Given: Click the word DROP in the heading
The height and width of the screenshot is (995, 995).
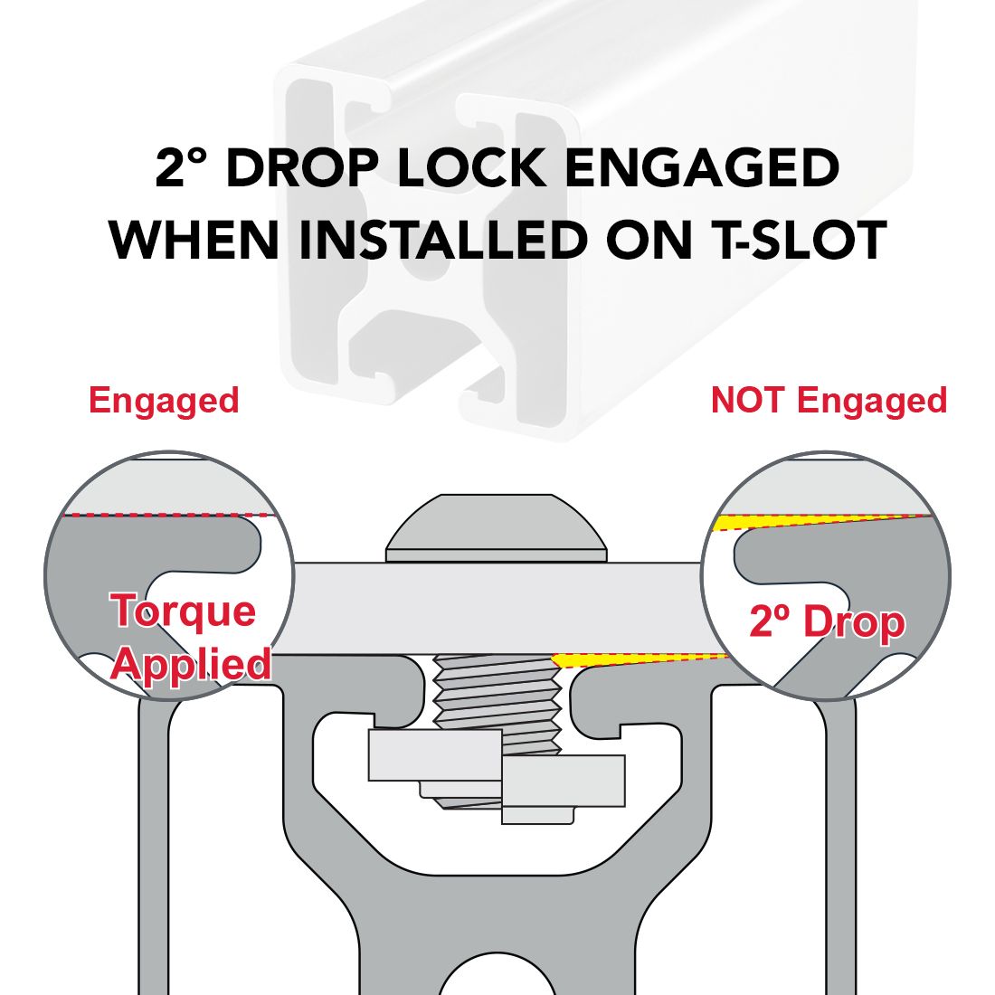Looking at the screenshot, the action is point(303,167).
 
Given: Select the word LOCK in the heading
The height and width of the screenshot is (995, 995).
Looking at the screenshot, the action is point(471,167).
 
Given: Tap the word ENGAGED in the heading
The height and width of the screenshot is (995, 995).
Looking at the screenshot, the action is point(701,167).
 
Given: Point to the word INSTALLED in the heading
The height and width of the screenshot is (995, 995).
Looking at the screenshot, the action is point(442,240).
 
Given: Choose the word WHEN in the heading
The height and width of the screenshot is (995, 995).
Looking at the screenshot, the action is point(194,240).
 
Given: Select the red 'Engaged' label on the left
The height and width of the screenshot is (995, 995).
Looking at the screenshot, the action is point(164,401).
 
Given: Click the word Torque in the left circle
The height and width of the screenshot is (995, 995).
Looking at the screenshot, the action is point(183,611).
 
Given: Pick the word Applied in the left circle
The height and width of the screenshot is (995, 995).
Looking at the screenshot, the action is point(191,664).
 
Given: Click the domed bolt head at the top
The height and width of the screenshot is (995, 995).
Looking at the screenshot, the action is point(497,528).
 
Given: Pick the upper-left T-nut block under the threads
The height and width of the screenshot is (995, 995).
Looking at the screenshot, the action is point(435,755).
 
